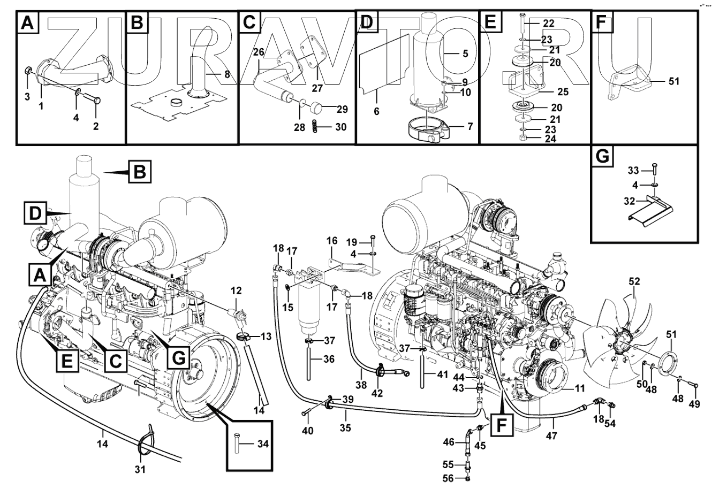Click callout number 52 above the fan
click(x=634, y=281)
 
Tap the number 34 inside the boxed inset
click(x=262, y=444)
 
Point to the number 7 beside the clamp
click(x=470, y=127)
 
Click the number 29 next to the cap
click(x=342, y=109)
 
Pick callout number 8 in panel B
click(x=227, y=75)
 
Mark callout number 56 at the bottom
click(x=448, y=479)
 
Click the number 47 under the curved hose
click(x=551, y=435)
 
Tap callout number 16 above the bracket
click(x=331, y=240)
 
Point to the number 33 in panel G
click(x=633, y=171)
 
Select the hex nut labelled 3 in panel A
click(x=29, y=70)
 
